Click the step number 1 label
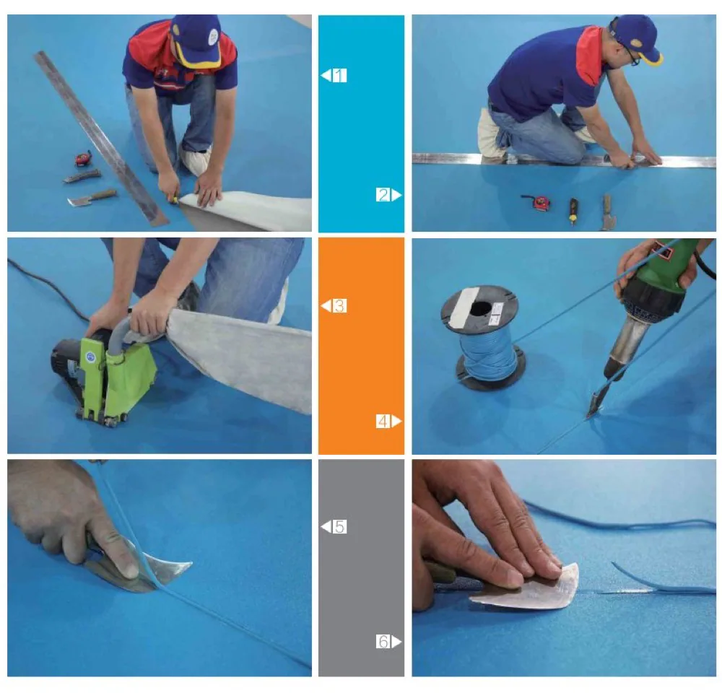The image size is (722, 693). pos(339,75)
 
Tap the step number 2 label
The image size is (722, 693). pos(383,195)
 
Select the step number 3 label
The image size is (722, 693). pos(339,306)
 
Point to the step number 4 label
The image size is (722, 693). pos(383,421)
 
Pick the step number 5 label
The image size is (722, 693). pos(339,526)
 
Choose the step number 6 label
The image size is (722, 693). pos(383,641)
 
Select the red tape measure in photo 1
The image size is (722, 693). pos(83,158)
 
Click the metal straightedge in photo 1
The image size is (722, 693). pos(101,138)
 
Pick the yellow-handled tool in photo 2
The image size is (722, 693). pos(573,211)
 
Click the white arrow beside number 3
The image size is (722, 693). pos(326,305)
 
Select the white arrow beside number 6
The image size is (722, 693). pos(396,641)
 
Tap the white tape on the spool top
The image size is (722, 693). pos(464,306)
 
